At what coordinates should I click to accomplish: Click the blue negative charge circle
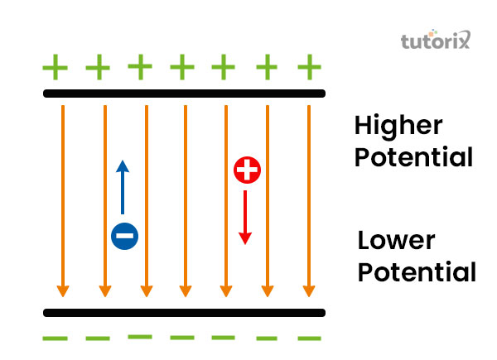[x=124, y=237]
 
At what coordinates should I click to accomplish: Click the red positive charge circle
[x=247, y=170]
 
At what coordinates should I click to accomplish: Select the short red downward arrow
[x=245, y=217]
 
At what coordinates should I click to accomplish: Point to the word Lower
[x=396, y=242]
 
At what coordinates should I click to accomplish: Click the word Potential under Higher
[x=413, y=156]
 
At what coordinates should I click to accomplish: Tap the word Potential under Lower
[x=417, y=272]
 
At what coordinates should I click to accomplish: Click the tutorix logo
[x=436, y=41]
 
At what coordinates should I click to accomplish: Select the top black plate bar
[x=184, y=94]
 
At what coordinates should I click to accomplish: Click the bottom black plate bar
[x=184, y=313]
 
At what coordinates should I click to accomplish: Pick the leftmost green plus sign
[x=55, y=65]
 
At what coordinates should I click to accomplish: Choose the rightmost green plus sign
[x=309, y=65]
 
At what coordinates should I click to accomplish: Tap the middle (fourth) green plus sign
[x=182, y=65]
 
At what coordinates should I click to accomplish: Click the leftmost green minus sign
[x=55, y=338]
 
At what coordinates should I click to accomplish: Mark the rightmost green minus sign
[x=309, y=338]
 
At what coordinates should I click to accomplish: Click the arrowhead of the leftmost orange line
[x=63, y=291]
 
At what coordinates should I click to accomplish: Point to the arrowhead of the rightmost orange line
[x=308, y=291]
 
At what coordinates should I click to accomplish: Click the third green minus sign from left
[x=140, y=336]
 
